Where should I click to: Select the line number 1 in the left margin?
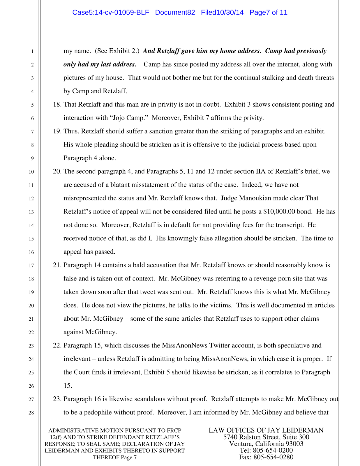[32, 52]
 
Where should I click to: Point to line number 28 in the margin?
[31, 413]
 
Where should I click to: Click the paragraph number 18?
[57, 105]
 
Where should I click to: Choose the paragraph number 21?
[57, 265]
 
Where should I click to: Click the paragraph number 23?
[57, 399]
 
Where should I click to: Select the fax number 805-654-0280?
[273, 457]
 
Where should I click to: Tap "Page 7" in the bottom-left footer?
[129, 457]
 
